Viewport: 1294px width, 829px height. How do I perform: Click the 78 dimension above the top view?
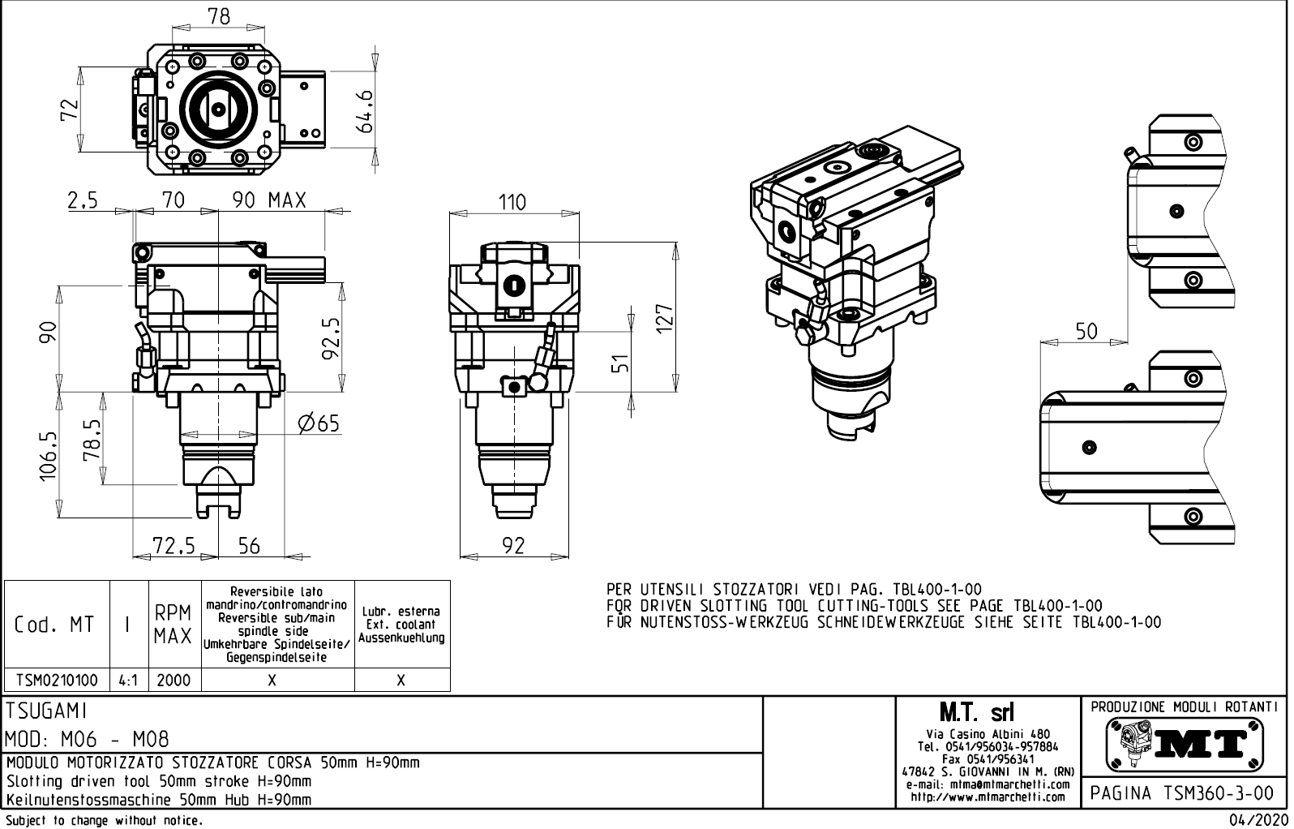point(219,16)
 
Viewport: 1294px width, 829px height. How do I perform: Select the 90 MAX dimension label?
point(270,200)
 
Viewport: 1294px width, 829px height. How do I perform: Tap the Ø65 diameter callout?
point(318,423)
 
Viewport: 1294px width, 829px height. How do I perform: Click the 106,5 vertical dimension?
point(49,456)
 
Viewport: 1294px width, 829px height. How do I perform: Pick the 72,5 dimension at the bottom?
point(174,546)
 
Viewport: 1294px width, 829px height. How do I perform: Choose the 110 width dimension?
point(512,202)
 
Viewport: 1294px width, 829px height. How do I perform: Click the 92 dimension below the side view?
point(512,546)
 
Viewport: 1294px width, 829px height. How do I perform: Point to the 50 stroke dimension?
point(1086,331)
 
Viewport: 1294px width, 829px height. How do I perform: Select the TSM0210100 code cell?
point(57,680)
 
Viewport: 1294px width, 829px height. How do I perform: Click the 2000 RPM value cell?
point(174,680)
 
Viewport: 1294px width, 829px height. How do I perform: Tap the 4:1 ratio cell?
point(128,680)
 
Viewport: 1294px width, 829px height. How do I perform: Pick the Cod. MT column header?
point(54,625)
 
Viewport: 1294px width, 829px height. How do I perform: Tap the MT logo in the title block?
point(1185,742)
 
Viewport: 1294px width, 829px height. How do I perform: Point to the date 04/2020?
point(1259,820)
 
